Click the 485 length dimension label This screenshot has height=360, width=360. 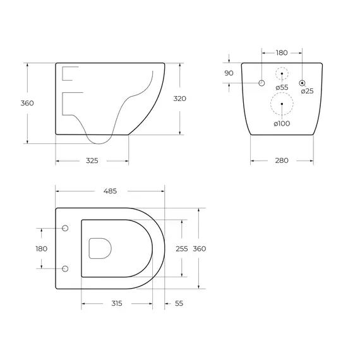[110, 191]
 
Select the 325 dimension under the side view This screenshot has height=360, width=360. [92, 160]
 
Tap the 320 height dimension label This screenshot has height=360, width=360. [180, 99]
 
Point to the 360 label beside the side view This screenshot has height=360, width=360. [27, 103]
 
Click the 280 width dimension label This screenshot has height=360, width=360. [282, 160]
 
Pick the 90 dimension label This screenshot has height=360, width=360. [229, 73]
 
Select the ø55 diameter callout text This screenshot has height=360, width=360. [282, 88]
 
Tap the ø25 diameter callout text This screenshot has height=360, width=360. [307, 91]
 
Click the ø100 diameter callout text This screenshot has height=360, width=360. [282, 124]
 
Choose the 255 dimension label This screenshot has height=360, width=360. [182, 249]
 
